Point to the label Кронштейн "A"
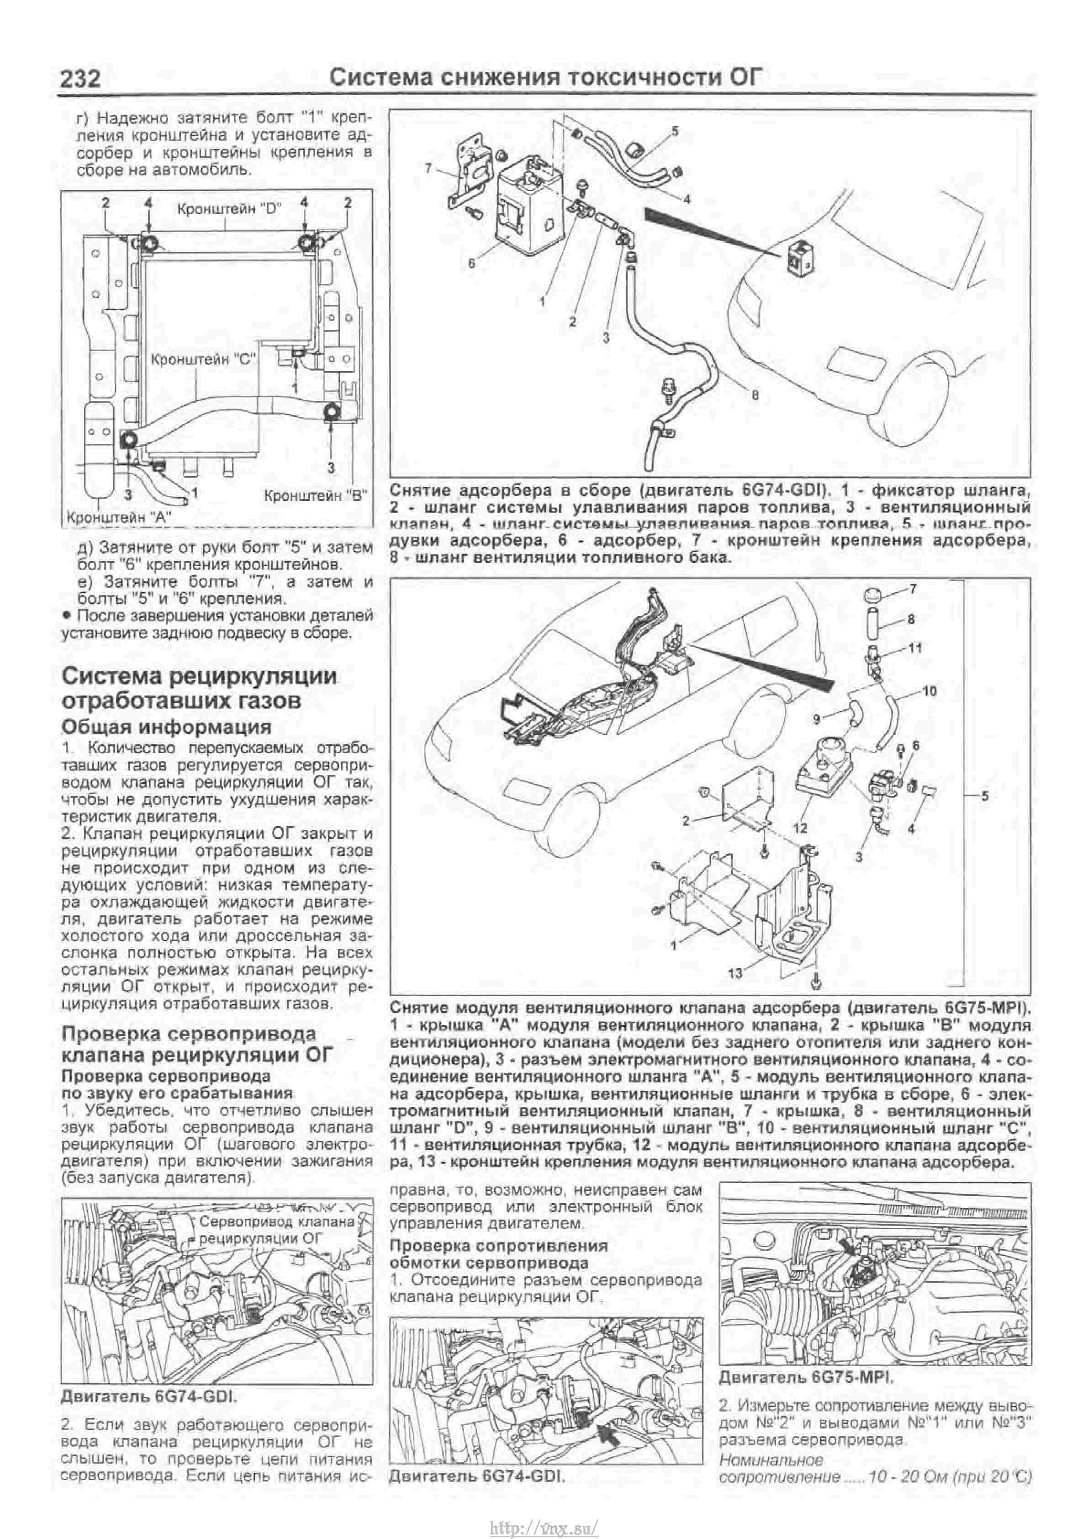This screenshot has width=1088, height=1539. pos(119,517)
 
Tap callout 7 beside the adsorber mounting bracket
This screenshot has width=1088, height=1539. pos(429,168)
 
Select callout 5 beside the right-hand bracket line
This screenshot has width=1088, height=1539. pos(984,796)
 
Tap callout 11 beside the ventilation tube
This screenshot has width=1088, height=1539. pos(915,647)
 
